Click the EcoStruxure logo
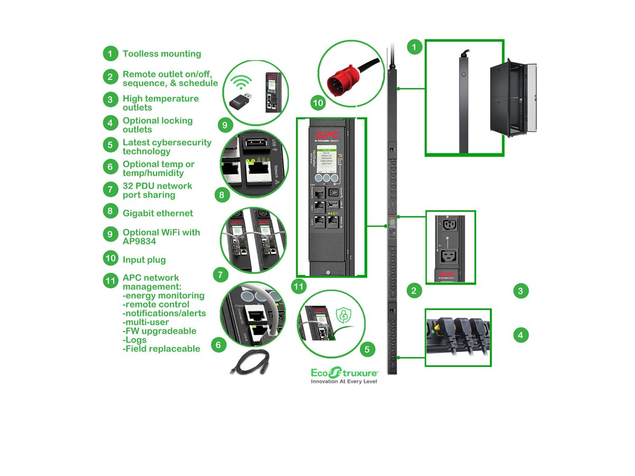344,372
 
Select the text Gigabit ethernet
158,213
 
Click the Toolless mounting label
162,53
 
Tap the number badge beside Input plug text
110,259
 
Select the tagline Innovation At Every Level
344,381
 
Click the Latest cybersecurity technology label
167,147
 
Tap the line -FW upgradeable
159,331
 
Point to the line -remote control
156,305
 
